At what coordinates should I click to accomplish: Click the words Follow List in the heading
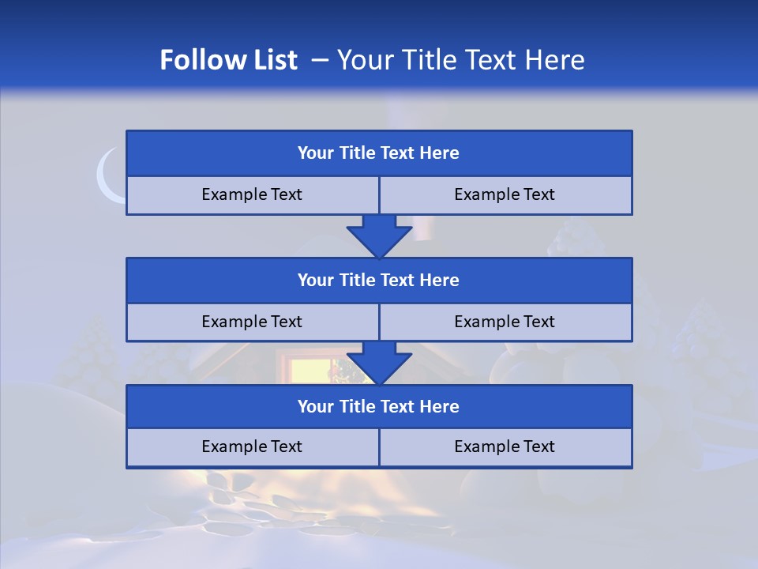tap(228, 60)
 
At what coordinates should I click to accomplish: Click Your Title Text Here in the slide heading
tap(460, 60)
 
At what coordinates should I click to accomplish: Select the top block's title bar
tap(379, 153)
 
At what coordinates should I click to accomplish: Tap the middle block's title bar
tap(379, 280)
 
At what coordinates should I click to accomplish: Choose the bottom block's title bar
tap(379, 406)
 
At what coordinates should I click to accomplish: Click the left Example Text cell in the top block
tap(252, 194)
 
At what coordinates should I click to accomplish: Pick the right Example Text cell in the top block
tap(505, 194)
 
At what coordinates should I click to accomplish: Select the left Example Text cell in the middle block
tap(252, 322)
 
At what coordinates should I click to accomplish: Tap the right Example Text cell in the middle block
tap(505, 322)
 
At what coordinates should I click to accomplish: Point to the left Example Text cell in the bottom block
tap(252, 447)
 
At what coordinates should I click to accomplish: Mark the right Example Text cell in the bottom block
tap(505, 447)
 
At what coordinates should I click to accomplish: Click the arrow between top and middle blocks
tap(379, 236)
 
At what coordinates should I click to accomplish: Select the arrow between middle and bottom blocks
tap(379, 363)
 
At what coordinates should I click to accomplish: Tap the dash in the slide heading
tap(320, 60)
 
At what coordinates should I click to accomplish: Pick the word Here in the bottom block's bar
tap(440, 406)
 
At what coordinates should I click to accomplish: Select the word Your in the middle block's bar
tap(315, 280)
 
